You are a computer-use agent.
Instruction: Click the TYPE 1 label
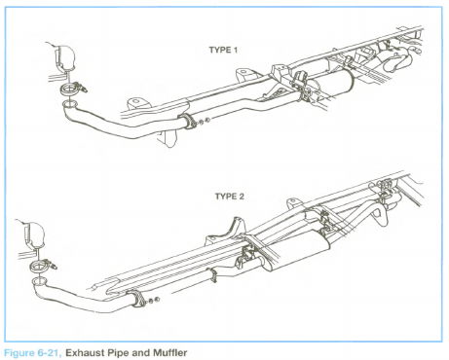point(223,50)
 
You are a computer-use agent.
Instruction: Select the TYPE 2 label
point(229,197)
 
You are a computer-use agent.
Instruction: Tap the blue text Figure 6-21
point(32,353)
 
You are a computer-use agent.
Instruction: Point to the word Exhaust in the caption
point(85,352)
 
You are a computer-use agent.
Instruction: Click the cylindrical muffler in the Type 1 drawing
point(331,85)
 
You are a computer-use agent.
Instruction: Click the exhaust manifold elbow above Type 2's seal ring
point(34,234)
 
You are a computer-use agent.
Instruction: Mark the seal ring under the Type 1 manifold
point(68,90)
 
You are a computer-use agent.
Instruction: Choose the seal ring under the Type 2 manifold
point(38,267)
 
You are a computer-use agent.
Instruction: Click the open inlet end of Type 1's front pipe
point(70,104)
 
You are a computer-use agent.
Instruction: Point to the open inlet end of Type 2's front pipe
point(39,281)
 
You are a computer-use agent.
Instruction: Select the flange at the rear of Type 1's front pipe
point(188,122)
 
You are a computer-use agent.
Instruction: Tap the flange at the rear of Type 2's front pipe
point(139,299)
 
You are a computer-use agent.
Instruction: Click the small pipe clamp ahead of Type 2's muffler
point(213,275)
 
